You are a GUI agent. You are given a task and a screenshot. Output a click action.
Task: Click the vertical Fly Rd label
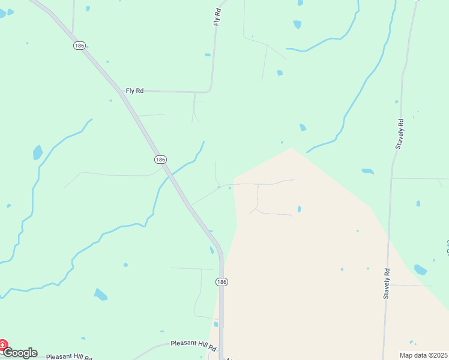pyautogui.click(x=217, y=16)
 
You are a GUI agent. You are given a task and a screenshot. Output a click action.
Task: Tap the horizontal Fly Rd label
pyautogui.click(x=134, y=91)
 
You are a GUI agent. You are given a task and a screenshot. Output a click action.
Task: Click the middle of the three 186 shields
pyautogui.click(x=160, y=159)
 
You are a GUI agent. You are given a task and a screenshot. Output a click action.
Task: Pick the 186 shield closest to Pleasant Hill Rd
pyautogui.click(x=221, y=281)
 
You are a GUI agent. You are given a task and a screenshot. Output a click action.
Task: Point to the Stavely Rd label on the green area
pyautogui.click(x=400, y=134)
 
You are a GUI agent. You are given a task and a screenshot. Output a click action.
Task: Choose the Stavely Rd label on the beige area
pyautogui.click(x=387, y=284)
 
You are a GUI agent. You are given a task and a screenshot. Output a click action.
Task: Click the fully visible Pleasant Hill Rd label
pyautogui.click(x=193, y=344)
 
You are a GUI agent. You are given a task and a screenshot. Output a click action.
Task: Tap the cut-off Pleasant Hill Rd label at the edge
pyautogui.click(x=69, y=356)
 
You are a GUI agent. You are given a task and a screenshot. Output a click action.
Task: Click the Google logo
pyautogui.click(x=20, y=353)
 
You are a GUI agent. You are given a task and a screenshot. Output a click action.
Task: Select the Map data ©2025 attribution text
pyautogui.click(x=423, y=355)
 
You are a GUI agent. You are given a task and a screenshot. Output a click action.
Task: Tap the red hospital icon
pyautogui.click(x=2, y=346)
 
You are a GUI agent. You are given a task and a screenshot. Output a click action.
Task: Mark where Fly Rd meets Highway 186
pyautogui.click(x=122, y=92)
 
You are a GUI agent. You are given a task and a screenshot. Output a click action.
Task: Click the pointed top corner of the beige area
pyautogui.click(x=291, y=148)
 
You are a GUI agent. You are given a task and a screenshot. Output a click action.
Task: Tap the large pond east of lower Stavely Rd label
pyautogui.click(x=420, y=269)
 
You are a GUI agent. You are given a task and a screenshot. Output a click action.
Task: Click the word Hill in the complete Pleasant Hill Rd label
pyautogui.click(x=197, y=344)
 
